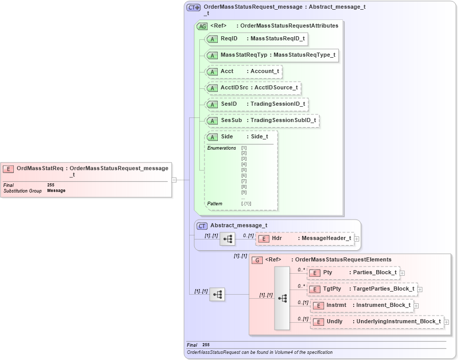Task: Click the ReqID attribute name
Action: tap(229, 38)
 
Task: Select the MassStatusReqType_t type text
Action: tap(304, 55)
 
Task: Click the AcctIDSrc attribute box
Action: tap(253, 88)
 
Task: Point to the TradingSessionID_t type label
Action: tap(278, 104)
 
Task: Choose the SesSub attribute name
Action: tap(231, 121)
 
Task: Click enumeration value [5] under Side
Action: tap(244, 170)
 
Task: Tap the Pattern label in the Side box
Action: tap(215, 204)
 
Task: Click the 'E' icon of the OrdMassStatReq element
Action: tap(8, 169)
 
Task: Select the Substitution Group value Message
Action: tap(56, 191)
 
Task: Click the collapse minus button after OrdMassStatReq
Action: tap(174, 180)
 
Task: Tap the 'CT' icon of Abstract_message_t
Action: tap(202, 225)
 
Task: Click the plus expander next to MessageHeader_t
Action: tap(356, 238)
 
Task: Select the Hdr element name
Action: tap(277, 238)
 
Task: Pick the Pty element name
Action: tap(328, 272)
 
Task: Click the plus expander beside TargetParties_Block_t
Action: tap(420, 289)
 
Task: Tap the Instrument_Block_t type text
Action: tap(383, 305)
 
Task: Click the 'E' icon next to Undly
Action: tap(318, 322)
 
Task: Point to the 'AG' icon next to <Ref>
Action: tap(202, 26)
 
